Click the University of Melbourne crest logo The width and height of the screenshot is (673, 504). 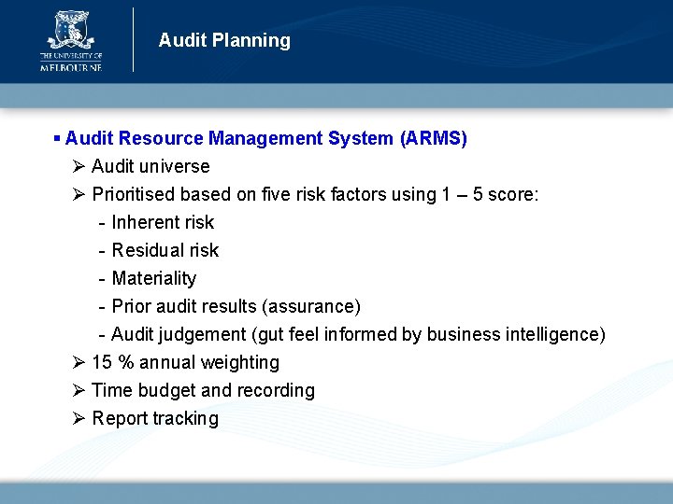pyautogui.click(x=70, y=30)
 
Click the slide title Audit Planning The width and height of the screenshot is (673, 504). pyautogui.click(x=224, y=40)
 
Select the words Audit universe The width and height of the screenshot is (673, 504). pyautogui.click(x=150, y=167)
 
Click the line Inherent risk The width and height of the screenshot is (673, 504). pyautogui.click(x=163, y=223)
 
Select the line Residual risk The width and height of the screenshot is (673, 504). pyautogui.click(x=165, y=251)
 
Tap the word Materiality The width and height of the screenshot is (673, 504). pyautogui.click(x=154, y=279)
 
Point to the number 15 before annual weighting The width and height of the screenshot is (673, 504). pyautogui.click(x=102, y=363)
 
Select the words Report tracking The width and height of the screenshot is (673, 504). pyautogui.click(x=155, y=419)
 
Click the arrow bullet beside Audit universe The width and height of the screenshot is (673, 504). pyautogui.click(x=79, y=167)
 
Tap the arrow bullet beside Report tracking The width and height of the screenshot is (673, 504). pyautogui.click(x=79, y=419)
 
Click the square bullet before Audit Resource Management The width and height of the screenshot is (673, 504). pyautogui.click(x=57, y=138)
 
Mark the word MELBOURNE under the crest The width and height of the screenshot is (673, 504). pyautogui.click(x=70, y=67)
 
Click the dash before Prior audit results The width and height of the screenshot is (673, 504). pyautogui.click(x=101, y=307)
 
